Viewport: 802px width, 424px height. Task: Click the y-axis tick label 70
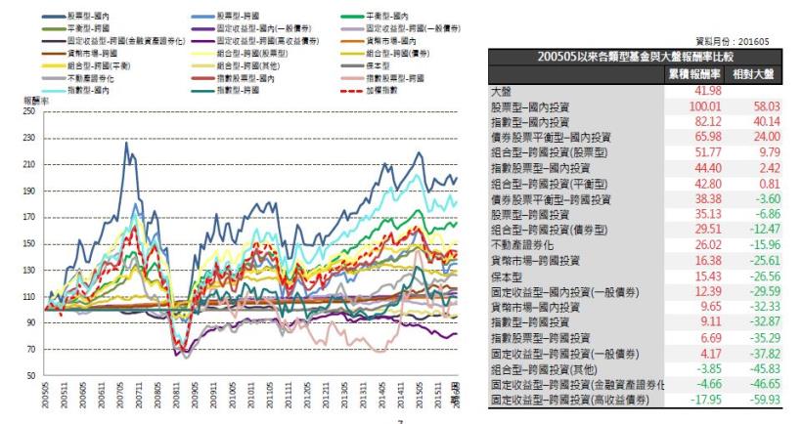tap(31, 349)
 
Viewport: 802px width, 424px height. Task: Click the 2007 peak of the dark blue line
tap(126, 144)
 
